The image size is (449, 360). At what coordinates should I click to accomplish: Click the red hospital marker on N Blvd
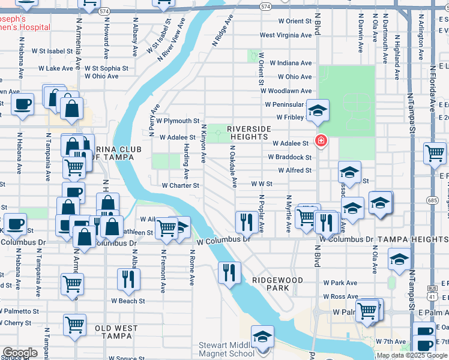click(321, 141)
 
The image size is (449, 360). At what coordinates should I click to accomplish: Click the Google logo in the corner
click(20, 353)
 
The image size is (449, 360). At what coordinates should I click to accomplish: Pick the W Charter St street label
click(180, 185)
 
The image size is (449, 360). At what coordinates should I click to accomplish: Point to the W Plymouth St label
click(178, 121)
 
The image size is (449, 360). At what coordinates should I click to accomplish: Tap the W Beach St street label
click(127, 301)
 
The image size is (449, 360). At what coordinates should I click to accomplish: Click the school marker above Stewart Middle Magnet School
click(262, 336)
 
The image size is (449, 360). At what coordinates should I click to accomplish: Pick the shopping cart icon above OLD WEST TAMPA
click(75, 324)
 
